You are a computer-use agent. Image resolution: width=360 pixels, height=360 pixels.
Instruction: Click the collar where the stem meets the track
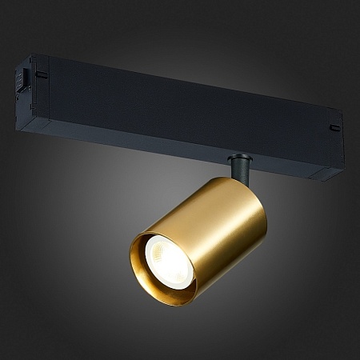click(x=238, y=157)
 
